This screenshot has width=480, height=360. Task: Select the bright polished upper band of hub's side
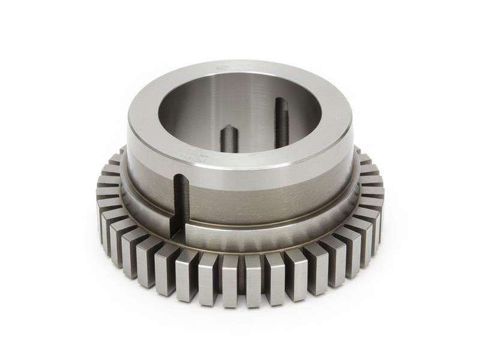click(270, 174)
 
